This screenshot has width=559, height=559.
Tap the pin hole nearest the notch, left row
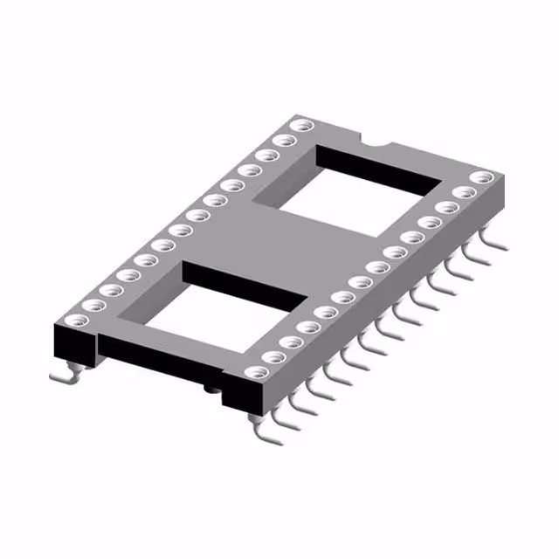tap(301, 127)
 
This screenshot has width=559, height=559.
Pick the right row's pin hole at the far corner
tap(478, 178)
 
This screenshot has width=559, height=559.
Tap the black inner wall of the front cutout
tap(245, 284)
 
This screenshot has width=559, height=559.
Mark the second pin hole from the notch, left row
tap(282, 140)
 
